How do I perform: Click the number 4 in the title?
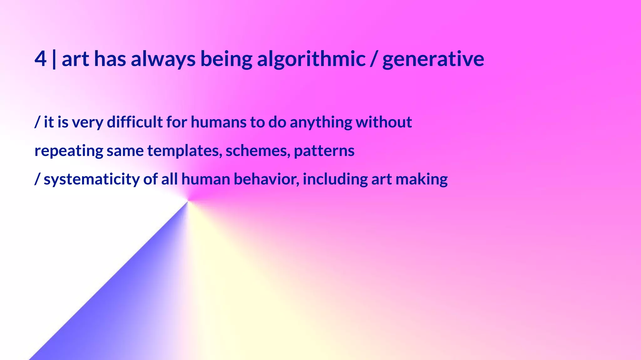pyautogui.click(x=40, y=59)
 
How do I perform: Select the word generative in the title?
pyautogui.click(x=433, y=59)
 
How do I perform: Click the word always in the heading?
pyautogui.click(x=163, y=59)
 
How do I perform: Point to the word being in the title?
pyautogui.click(x=226, y=59)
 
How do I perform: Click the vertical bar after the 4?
pyautogui.click(x=54, y=59)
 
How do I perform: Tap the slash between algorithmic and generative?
pyautogui.click(x=374, y=59)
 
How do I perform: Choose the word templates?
pyautogui.click(x=185, y=151)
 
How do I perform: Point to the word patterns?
pyautogui.click(x=324, y=151)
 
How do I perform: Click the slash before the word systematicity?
pyautogui.click(x=37, y=179)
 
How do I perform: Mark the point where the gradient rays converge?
pyautogui.click(x=188, y=201)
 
